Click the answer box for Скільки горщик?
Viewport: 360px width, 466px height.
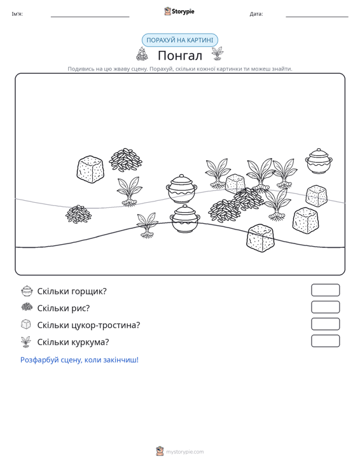click(x=325, y=290)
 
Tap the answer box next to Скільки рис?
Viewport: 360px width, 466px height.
click(x=325, y=307)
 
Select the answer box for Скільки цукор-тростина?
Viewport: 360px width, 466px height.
click(x=325, y=324)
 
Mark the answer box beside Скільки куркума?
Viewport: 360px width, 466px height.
click(x=325, y=341)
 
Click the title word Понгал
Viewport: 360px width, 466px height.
click(x=180, y=55)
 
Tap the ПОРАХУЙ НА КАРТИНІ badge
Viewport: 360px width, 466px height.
click(x=179, y=40)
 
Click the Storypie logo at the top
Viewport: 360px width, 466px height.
click(x=179, y=11)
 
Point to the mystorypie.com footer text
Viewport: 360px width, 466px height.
click(x=184, y=452)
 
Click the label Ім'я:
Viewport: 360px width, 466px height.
click(x=17, y=14)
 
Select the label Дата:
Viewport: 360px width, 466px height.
click(x=256, y=14)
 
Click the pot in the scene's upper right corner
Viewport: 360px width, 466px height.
click(x=319, y=161)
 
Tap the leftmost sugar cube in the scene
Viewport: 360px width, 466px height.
click(x=90, y=168)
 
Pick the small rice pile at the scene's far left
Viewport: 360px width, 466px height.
click(x=78, y=214)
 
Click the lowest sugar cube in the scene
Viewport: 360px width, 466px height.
click(x=260, y=238)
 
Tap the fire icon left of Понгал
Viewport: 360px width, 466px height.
click(x=142, y=54)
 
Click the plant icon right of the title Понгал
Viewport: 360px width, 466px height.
click(x=218, y=53)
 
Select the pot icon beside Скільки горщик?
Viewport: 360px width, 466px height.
click(x=27, y=291)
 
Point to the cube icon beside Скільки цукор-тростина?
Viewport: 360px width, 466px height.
click(x=26, y=324)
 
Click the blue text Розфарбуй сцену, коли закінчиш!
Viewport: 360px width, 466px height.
click(x=80, y=360)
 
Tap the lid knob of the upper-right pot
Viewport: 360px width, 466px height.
click(x=319, y=150)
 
